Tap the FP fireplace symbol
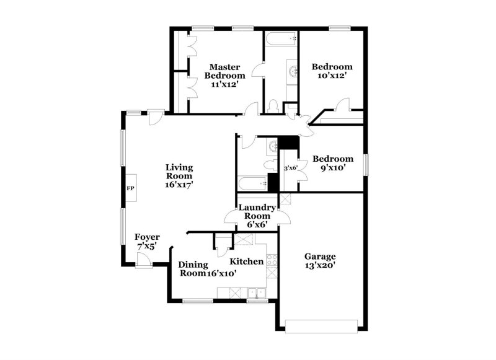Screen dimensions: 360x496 tap(131, 188)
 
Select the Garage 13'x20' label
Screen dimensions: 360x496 tap(320, 261)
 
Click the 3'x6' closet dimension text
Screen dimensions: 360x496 tap(291, 168)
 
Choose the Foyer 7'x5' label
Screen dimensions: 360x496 tap(148, 242)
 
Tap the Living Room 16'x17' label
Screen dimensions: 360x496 tap(179, 175)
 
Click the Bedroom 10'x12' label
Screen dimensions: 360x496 tap(332, 71)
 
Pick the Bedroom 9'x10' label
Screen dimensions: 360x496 tap(332, 163)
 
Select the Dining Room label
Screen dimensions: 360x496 tap(192, 268)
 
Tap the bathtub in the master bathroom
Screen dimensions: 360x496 tap(280, 42)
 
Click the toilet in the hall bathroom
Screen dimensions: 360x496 tap(269, 164)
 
